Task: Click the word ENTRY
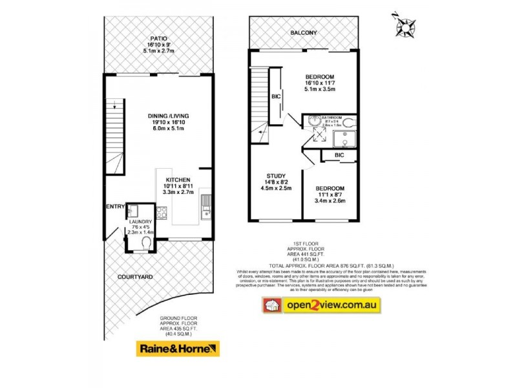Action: tap(115, 206)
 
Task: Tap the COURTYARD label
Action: tap(135, 277)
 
